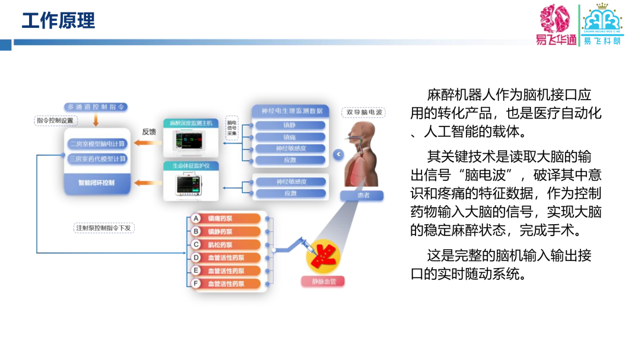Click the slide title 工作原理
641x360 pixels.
(58, 21)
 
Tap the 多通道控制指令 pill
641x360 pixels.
(97, 107)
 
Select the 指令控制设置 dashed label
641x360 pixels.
(55, 120)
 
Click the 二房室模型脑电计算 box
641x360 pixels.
(97, 144)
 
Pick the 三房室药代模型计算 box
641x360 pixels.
(97, 159)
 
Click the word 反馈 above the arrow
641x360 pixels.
(149, 132)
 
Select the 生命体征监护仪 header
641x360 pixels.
(191, 165)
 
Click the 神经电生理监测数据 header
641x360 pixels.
(288, 110)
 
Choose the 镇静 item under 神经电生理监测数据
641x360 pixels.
(290, 125)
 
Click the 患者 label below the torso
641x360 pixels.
(362, 196)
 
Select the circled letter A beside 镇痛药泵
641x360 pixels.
(196, 218)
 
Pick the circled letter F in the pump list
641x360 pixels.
(196, 283)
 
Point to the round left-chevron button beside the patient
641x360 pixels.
(338, 155)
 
